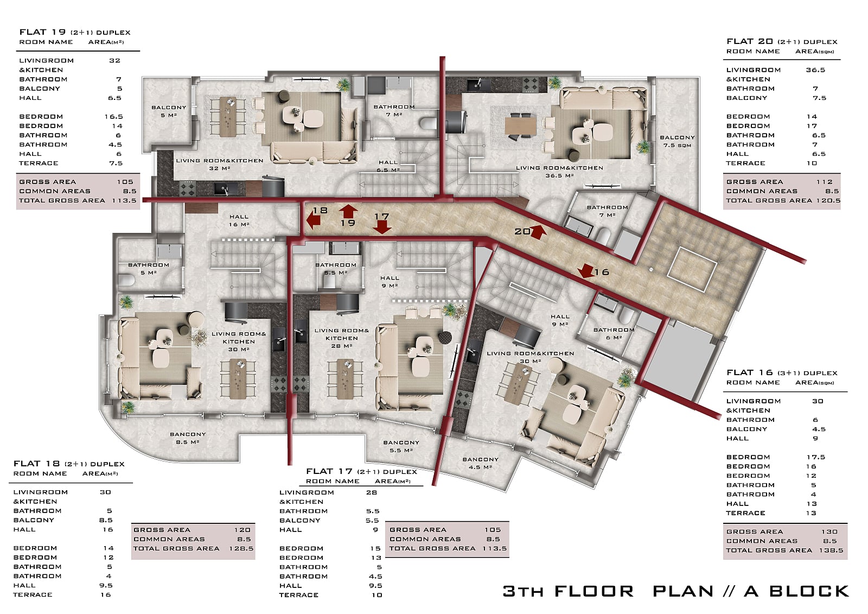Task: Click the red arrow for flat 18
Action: [x=313, y=221]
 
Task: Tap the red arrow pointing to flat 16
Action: [x=587, y=271]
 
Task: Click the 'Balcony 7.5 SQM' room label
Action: [x=677, y=141]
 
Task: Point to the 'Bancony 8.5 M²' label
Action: [x=188, y=438]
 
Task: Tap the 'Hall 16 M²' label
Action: [x=239, y=220]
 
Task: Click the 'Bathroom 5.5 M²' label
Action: [x=336, y=268]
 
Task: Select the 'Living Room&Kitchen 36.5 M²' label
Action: [x=559, y=172]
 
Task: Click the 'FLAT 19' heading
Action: [x=43, y=32]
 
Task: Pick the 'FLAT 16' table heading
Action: [x=750, y=372]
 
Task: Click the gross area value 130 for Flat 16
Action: [x=829, y=531]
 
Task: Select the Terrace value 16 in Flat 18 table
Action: [x=106, y=594]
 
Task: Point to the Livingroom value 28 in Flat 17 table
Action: [x=371, y=492]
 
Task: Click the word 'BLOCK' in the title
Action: [x=809, y=591]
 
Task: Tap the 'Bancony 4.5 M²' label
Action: [x=480, y=463]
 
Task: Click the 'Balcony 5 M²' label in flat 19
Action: [x=169, y=111]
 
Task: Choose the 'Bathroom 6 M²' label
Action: [x=614, y=333]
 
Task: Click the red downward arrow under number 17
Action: [x=382, y=227]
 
